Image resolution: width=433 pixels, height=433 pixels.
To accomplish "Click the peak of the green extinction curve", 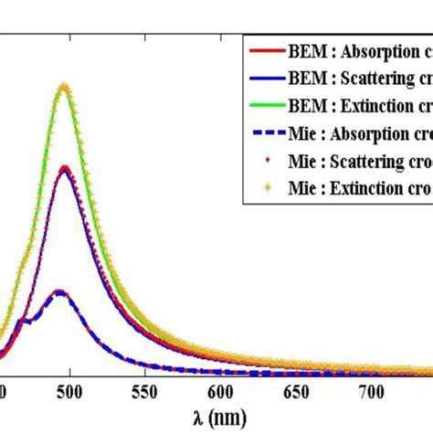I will coord(64,87).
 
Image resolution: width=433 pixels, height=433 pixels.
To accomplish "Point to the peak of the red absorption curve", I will coord(64,167).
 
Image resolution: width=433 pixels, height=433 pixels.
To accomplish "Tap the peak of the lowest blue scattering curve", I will coord(59,291).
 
